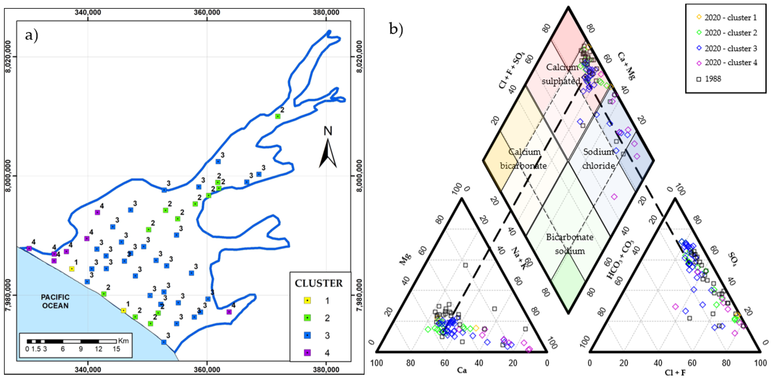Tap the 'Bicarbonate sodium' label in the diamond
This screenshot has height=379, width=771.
[570, 244]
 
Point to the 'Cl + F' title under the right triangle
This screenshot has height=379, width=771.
[675, 372]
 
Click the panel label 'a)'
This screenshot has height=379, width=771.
[31, 35]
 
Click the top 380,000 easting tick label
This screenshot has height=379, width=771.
[326, 12]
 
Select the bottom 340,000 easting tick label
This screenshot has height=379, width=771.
[88, 369]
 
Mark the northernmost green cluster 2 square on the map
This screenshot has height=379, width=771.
[278, 116]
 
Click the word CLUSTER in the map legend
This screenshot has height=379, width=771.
[318, 283]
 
